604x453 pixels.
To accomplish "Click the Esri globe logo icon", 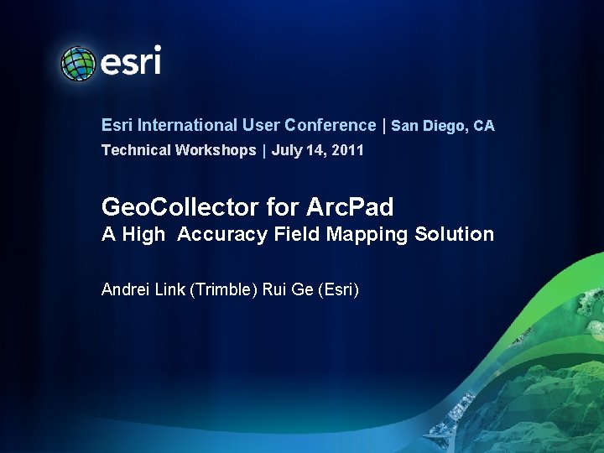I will pyautogui.click(x=78, y=63).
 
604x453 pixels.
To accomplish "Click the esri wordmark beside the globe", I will pyautogui.click(x=131, y=61).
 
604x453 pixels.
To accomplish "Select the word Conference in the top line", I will pyautogui.click(x=331, y=125).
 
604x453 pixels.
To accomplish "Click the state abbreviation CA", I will pyautogui.click(x=484, y=126).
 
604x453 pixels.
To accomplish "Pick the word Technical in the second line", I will pyautogui.click(x=136, y=150).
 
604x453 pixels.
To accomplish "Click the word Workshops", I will pyautogui.click(x=216, y=150).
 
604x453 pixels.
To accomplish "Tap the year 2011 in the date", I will pyautogui.click(x=346, y=150).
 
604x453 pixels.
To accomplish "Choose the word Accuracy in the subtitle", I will pyautogui.click(x=223, y=234).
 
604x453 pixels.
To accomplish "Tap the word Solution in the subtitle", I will pyautogui.click(x=455, y=234).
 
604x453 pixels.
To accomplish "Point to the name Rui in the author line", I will pyautogui.click(x=275, y=290).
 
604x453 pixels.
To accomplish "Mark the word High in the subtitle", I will pyautogui.click(x=143, y=234).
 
